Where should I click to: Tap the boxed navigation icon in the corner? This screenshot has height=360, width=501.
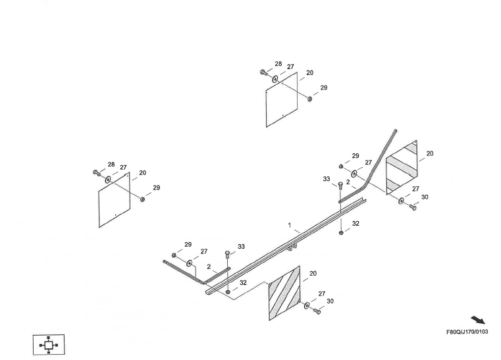click(x=49, y=344)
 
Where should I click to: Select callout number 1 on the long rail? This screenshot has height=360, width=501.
click(x=289, y=225)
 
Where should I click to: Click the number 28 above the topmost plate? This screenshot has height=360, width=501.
click(x=278, y=64)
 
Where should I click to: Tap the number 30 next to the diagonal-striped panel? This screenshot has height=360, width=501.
click(x=330, y=301)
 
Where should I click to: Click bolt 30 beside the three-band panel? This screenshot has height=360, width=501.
click(x=413, y=206)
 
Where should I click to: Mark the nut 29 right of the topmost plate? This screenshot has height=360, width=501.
click(x=309, y=99)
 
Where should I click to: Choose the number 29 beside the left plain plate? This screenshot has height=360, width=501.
click(x=157, y=188)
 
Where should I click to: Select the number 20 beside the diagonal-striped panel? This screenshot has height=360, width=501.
click(x=313, y=273)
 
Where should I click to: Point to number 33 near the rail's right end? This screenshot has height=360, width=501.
click(x=327, y=179)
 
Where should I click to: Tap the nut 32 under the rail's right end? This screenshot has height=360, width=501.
click(x=340, y=232)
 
